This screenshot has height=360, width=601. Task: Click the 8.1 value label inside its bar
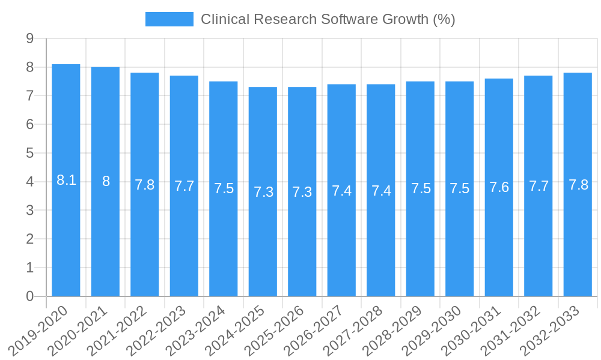(x=66, y=180)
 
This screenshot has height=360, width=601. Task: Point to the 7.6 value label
(x=499, y=188)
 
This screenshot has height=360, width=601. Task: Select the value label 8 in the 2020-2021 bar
(x=106, y=181)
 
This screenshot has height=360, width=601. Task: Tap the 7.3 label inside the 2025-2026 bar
(x=302, y=192)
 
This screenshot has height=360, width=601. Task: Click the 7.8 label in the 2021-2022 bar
(x=145, y=185)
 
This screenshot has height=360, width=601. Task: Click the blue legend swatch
(x=169, y=19)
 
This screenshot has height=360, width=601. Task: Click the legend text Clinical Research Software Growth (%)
(x=328, y=19)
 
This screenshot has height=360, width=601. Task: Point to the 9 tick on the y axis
(x=29, y=39)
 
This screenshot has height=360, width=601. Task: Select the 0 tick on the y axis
(x=29, y=296)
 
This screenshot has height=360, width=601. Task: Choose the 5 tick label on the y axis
(x=29, y=154)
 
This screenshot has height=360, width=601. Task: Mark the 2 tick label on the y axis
(x=29, y=239)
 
